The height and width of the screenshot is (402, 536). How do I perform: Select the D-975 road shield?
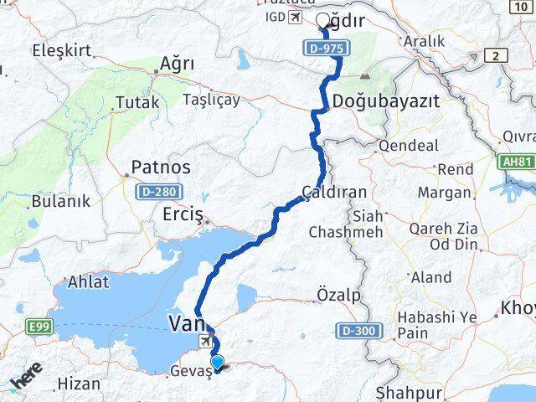[323, 49]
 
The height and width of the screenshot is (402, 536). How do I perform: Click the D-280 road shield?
[154, 192]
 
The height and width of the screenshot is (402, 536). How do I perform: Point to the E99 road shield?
[39, 326]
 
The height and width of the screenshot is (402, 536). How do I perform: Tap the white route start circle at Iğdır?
[323, 21]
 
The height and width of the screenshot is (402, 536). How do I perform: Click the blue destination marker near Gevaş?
[218, 363]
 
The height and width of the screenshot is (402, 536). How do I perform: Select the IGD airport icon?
[294, 17]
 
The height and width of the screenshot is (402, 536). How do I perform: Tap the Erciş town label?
[183, 215]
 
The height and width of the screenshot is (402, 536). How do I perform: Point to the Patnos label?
[161, 167]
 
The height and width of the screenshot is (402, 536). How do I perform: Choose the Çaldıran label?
[334, 192]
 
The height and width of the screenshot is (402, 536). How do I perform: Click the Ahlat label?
[88, 281]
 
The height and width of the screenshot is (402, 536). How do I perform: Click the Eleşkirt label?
[60, 49]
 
